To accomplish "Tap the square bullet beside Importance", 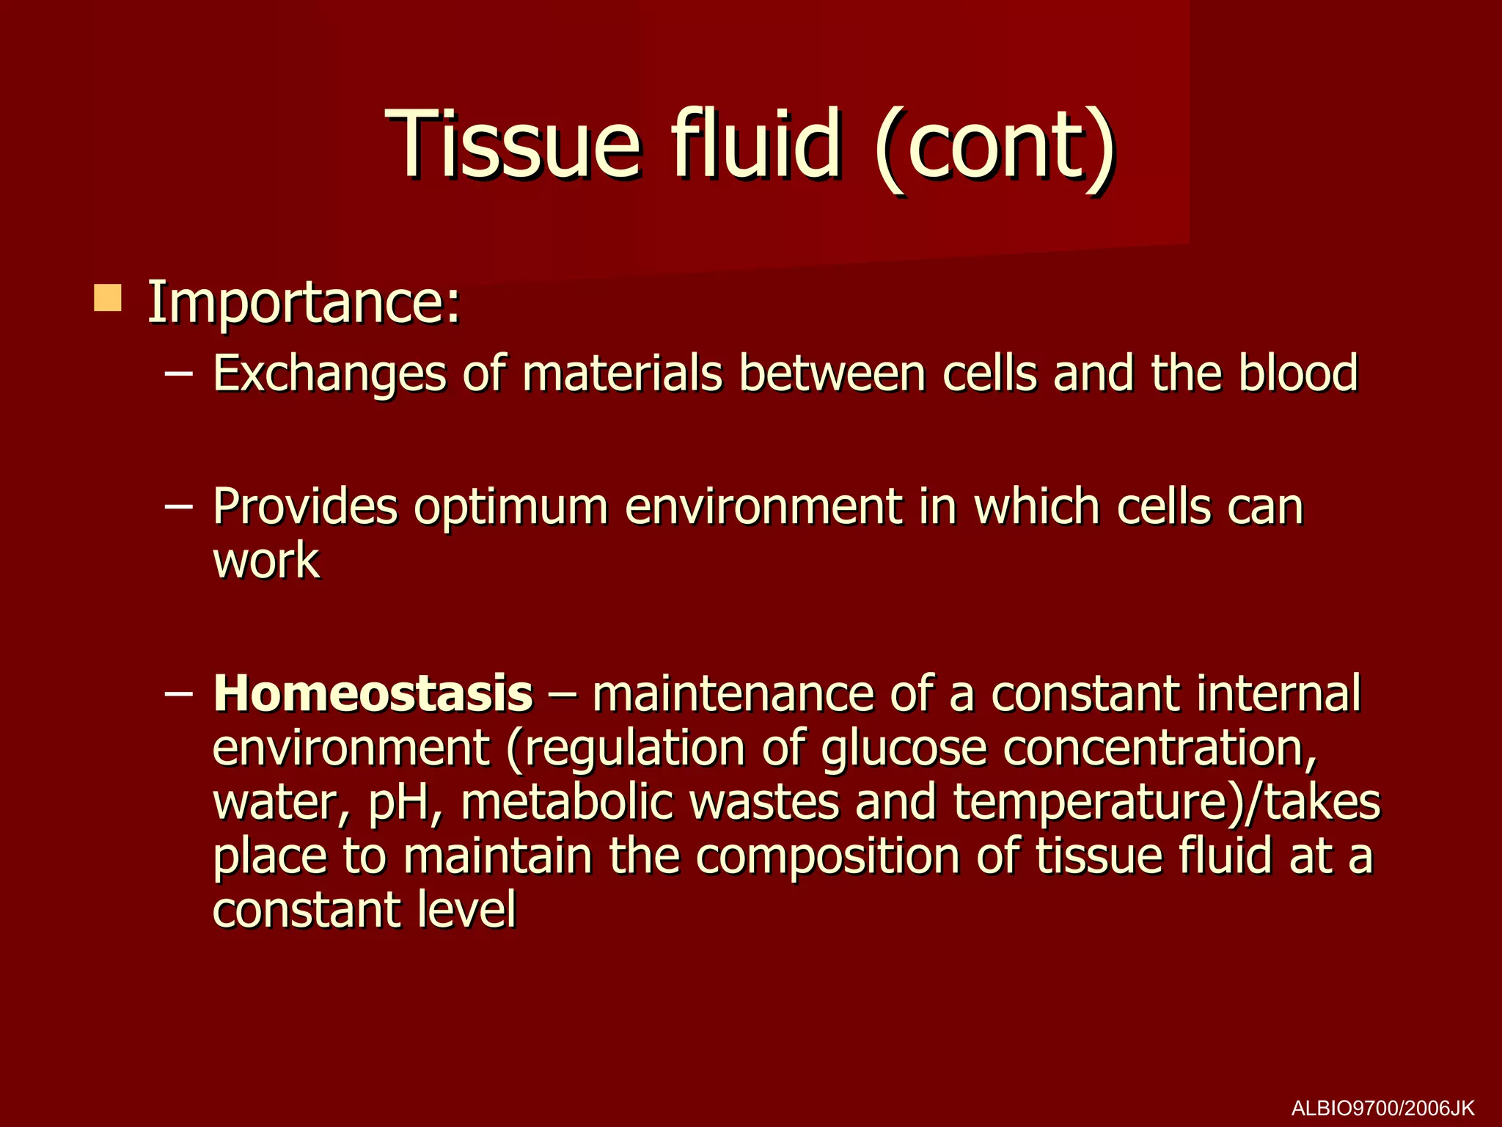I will coord(108,299).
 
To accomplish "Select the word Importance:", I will coord(304,303).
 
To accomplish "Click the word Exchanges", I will coord(329,374).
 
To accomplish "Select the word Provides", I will coord(305,507).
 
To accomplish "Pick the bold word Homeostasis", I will coord(373,693).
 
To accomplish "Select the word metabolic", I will coord(567,802).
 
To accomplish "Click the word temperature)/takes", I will coord(1166,803).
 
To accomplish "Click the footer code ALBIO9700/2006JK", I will coord(1382,1107).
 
